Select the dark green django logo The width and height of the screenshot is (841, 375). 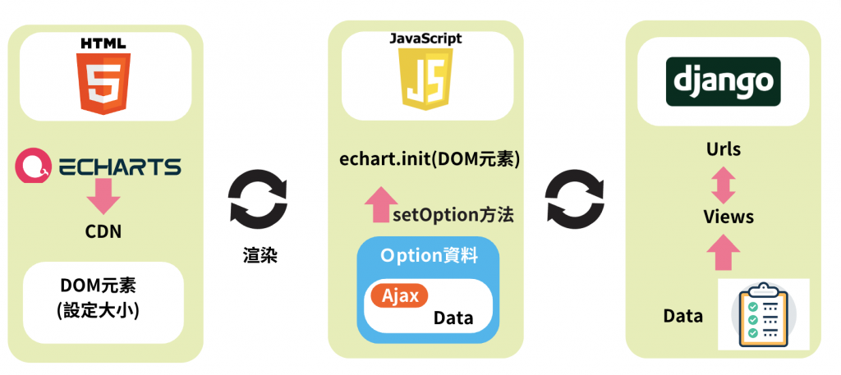pos(723,81)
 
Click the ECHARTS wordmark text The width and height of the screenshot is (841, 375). pos(119,167)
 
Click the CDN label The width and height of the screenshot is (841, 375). pos(103,231)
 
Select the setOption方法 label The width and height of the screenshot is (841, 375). pos(453,216)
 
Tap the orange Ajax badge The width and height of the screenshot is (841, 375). pos(398,295)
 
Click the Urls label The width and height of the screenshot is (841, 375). pos(723,149)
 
